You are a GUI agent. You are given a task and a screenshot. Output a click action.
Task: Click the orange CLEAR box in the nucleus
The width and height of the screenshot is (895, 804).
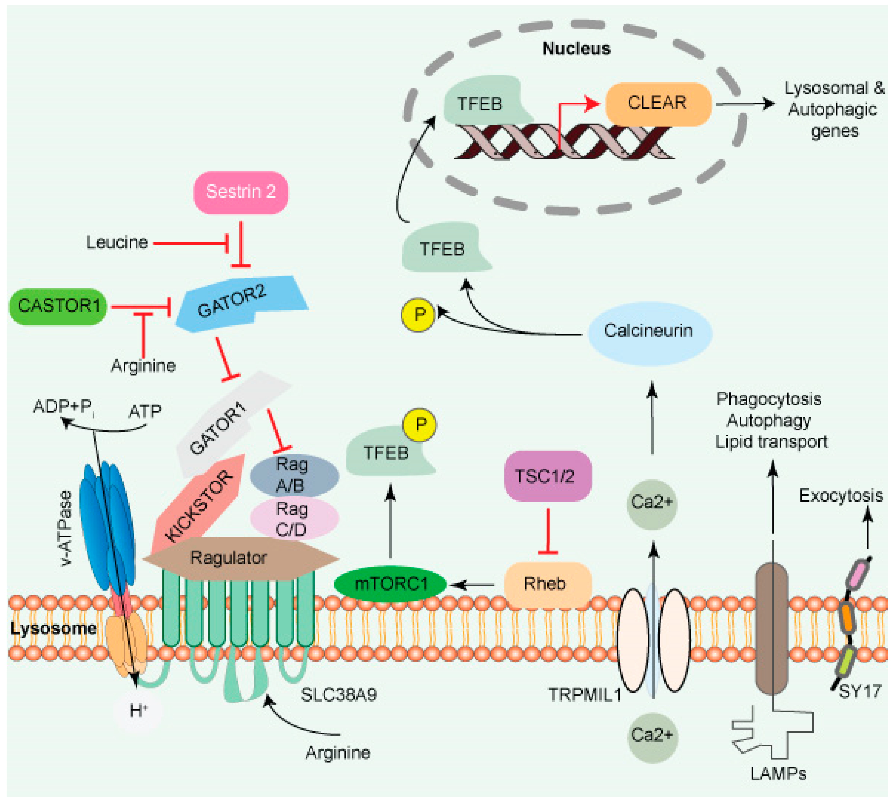tap(657, 103)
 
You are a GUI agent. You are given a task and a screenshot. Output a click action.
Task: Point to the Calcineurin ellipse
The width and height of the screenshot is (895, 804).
tap(649, 331)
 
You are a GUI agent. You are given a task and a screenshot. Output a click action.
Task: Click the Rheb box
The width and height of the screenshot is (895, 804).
tap(547, 584)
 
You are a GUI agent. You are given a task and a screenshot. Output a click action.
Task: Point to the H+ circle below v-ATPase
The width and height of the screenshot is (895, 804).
tap(138, 711)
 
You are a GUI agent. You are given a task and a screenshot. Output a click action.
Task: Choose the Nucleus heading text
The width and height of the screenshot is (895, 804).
tap(576, 49)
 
